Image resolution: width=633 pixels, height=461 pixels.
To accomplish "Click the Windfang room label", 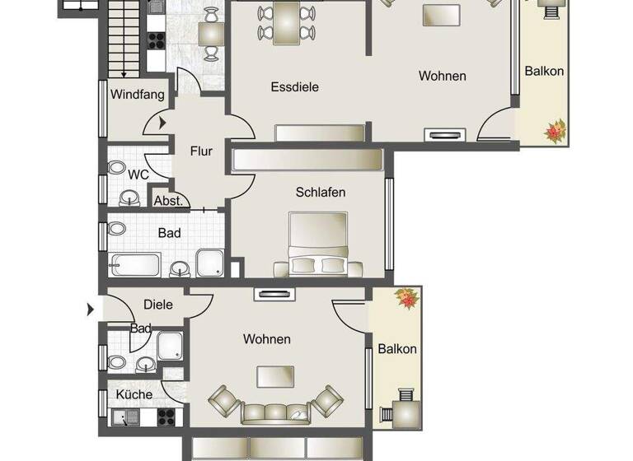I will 138,95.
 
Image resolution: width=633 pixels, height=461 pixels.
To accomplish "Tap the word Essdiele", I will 294,86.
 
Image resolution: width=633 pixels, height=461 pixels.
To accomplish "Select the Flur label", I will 201,151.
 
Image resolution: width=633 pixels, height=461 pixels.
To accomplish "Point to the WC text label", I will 138,175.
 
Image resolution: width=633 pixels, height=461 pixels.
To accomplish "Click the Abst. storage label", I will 168,201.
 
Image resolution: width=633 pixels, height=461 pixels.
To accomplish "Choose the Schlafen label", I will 321,193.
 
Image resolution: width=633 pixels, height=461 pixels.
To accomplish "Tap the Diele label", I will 158,305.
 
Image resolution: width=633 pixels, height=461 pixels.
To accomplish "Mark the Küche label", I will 134,395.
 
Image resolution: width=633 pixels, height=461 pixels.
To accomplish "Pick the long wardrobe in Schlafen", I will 307,159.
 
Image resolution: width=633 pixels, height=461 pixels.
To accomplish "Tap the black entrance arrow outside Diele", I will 91,310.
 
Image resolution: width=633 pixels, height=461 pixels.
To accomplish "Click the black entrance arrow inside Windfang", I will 162,123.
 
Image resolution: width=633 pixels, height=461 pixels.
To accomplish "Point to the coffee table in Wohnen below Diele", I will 276,376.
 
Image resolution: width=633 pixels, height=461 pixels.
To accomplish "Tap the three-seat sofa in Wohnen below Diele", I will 276,412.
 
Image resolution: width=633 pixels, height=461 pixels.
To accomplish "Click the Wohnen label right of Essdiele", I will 442,77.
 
